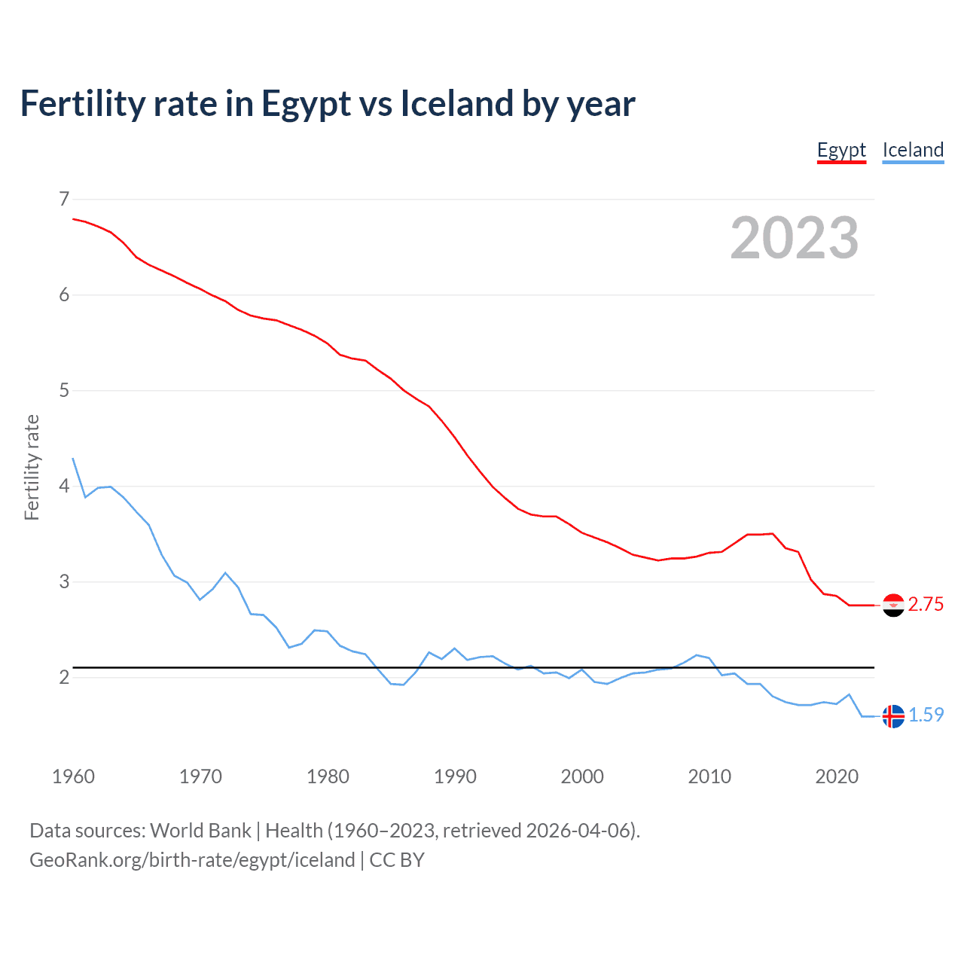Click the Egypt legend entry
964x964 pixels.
tap(841, 150)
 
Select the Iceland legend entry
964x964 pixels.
tap(913, 150)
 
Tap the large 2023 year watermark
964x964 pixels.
tap(794, 238)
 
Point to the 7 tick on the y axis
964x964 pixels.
tap(64, 199)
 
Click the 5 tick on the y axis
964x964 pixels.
tap(64, 390)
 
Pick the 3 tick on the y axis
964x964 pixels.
tap(64, 581)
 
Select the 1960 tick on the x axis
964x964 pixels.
tap(73, 776)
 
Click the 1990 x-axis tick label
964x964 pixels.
tap(455, 776)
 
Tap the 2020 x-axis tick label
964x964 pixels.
tap(837, 776)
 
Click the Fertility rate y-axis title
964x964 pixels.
tap(32, 467)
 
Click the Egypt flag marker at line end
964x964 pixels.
tap(893, 605)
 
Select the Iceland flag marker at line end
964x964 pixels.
tap(893, 715)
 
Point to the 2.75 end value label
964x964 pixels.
tap(926, 605)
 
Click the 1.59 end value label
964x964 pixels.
tap(926, 715)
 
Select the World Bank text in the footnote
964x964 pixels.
tap(200, 831)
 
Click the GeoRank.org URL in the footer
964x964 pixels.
tap(192, 860)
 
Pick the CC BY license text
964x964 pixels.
tap(397, 860)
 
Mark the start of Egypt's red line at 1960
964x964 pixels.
tap(74, 219)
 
